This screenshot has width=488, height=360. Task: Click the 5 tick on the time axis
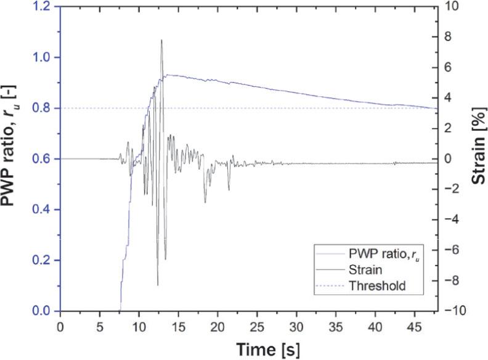[x=100, y=325]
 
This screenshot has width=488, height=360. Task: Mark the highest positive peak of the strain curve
[x=161, y=40]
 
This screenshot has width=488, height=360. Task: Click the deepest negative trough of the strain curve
[x=158, y=285]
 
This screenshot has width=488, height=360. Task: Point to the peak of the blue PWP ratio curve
[x=166, y=75]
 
